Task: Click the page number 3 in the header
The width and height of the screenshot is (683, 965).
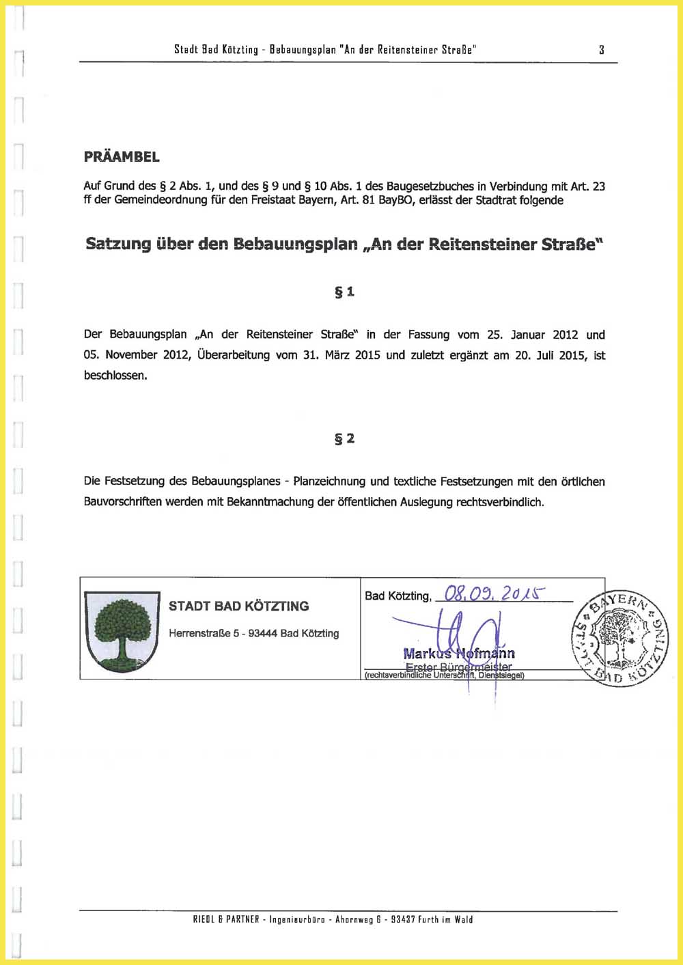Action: (602, 49)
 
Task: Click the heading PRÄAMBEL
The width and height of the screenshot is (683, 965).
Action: (122, 156)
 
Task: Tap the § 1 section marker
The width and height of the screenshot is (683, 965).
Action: (344, 292)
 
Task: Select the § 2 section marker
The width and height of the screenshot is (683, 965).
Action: (344, 438)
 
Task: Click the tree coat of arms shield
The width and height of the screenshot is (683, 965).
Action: (122, 631)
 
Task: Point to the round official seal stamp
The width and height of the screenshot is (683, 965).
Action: (620, 637)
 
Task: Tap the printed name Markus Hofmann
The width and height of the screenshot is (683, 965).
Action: (459, 654)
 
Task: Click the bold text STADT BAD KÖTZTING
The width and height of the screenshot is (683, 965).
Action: (238, 606)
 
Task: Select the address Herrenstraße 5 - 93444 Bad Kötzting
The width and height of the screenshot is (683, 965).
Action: (253, 633)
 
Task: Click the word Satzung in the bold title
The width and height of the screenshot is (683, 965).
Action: (119, 244)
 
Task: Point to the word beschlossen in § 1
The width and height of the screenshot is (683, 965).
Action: (115, 375)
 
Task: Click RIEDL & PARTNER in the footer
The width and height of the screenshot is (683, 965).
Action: (226, 919)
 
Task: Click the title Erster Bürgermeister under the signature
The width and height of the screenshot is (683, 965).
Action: (458, 667)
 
